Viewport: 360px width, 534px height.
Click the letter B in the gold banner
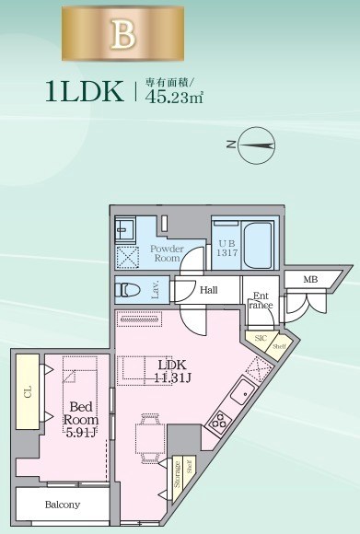(123, 34)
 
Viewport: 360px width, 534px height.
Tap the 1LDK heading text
(86, 90)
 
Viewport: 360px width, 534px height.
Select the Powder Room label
(166, 253)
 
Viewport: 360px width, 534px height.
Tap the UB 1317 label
(226, 248)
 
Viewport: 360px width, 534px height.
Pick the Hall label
(209, 289)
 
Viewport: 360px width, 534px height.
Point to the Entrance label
(261, 301)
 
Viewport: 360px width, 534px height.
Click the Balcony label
(62, 505)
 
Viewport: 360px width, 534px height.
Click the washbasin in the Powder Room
(125, 229)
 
